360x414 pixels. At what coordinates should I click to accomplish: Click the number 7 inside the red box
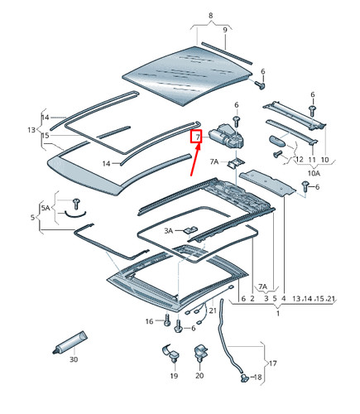[198, 137]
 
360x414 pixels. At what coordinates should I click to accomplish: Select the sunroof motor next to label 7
[226, 137]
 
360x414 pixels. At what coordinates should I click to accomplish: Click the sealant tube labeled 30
[70, 343]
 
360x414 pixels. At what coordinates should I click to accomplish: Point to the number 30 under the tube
[74, 359]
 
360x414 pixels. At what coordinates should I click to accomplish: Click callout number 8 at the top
[211, 16]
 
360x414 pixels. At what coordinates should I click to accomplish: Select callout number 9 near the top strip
[225, 30]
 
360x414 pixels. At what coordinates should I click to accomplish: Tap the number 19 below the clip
[174, 376]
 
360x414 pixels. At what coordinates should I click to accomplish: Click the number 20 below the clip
[199, 375]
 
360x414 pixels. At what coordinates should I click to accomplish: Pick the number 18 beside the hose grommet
[257, 377]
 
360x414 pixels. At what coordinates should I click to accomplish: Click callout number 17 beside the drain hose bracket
[272, 363]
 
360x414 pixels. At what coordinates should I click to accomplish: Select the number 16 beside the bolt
[149, 321]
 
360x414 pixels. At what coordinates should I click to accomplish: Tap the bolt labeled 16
[167, 320]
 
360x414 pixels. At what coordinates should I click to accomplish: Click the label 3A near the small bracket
[169, 230]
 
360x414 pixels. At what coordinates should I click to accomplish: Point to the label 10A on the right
[314, 173]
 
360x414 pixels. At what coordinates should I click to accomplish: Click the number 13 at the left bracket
[31, 129]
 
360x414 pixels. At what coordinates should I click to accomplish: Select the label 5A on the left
[46, 208]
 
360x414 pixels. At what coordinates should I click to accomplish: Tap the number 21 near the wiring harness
[213, 310]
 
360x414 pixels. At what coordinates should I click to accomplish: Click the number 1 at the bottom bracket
[278, 314]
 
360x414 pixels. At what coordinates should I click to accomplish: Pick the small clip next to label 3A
[190, 229]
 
